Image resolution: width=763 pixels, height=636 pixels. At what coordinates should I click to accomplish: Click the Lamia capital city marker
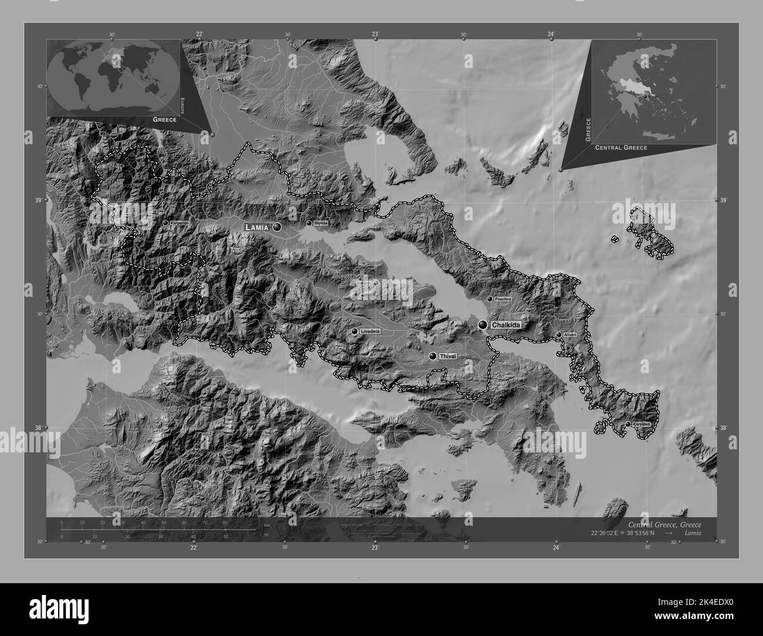(276, 226)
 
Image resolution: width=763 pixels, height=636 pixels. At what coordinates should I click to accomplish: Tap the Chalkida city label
(507, 324)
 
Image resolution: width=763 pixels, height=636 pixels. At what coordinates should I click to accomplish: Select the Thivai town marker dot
(433, 356)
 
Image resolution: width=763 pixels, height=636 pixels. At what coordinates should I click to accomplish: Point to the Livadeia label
(370, 331)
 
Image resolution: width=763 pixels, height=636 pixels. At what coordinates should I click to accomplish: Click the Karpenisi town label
(179, 224)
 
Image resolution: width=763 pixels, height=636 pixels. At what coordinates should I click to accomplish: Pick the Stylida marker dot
(309, 223)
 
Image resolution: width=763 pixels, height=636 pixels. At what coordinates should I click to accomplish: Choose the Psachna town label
(504, 299)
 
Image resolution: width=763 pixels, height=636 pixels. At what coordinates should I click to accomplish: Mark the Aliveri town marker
(559, 334)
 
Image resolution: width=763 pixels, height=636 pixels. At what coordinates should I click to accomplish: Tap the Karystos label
(641, 424)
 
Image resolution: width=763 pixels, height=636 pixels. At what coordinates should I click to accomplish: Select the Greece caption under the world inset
(164, 119)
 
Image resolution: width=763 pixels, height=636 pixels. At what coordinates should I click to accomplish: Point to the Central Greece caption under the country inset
(621, 148)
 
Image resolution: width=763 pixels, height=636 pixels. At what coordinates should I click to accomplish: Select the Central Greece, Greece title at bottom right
(664, 524)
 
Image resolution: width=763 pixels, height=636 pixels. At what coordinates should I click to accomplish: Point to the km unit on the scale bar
(267, 525)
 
